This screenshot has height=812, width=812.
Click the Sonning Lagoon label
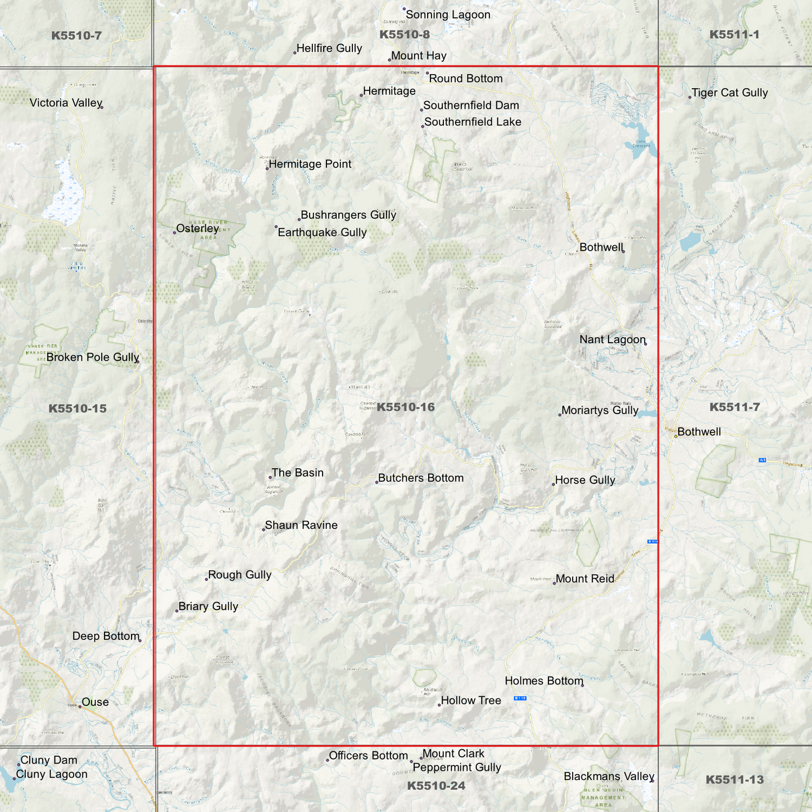pyautogui.click(x=448, y=15)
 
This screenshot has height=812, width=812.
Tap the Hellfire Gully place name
pyautogui.click(x=329, y=48)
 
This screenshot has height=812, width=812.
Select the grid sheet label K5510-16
pyautogui.click(x=405, y=407)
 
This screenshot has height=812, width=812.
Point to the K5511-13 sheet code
pyautogui.click(x=734, y=779)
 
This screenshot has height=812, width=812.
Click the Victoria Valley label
pyautogui.click(x=66, y=103)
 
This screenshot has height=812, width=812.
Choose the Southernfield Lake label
pyautogui.click(x=472, y=122)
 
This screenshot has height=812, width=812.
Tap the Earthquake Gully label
pyautogui.click(x=322, y=233)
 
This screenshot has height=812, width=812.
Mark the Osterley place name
pyautogui.click(x=197, y=229)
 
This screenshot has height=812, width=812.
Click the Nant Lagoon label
pyautogui.click(x=612, y=339)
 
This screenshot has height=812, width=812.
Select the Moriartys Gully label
pyautogui.click(x=600, y=410)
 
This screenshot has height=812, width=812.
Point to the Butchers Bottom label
pyautogui.click(x=420, y=478)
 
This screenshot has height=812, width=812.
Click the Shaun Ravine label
pyautogui.click(x=301, y=525)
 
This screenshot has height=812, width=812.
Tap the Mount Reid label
pyautogui.click(x=584, y=579)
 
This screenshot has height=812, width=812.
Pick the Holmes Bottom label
pyautogui.click(x=544, y=681)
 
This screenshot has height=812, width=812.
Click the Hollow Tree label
pyautogui.click(x=470, y=701)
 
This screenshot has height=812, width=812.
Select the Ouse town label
pyautogui.click(x=95, y=702)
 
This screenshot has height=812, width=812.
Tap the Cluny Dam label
pyautogui.click(x=49, y=760)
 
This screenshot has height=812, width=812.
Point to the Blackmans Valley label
pyautogui.click(x=609, y=777)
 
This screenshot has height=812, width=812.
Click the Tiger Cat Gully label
pyautogui.click(x=729, y=93)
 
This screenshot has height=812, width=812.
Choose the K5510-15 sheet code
pyautogui.click(x=77, y=409)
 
